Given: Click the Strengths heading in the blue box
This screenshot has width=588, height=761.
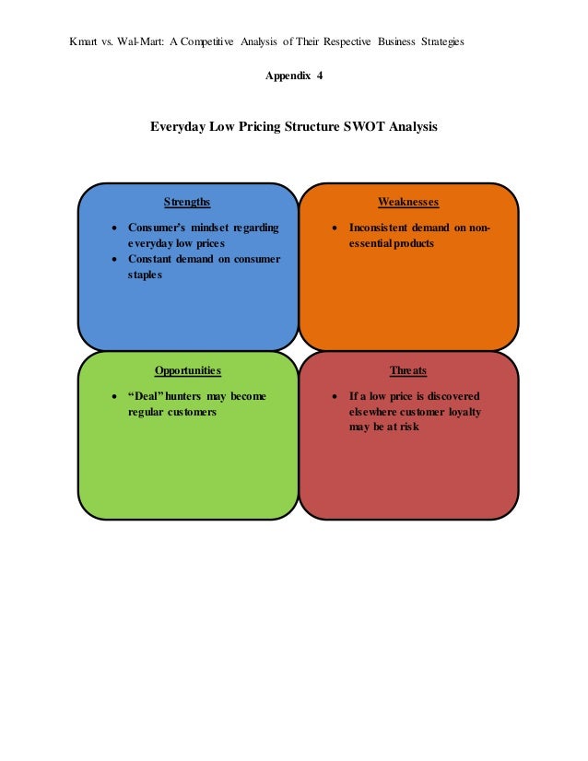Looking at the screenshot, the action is click(187, 202).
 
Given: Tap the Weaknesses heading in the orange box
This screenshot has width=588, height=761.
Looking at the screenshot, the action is click(408, 202).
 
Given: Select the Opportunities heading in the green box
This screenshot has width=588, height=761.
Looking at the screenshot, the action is click(188, 370).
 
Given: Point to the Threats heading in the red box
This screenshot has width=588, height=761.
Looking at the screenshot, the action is click(408, 370).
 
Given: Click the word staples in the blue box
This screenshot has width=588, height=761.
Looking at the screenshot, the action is click(145, 275).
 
